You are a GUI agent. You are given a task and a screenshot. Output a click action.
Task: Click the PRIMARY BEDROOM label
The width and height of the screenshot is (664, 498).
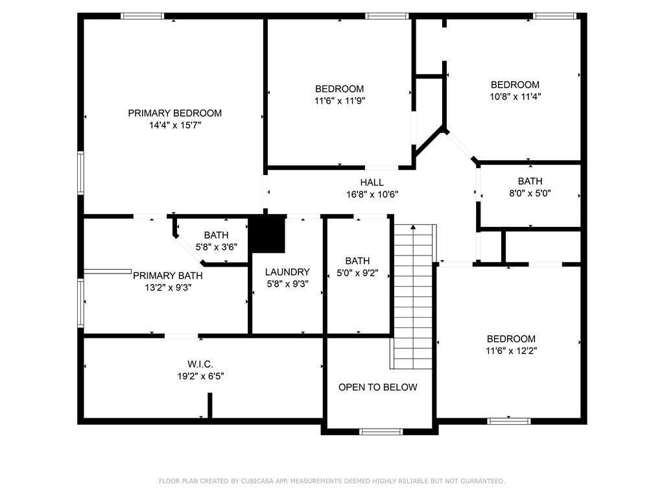(175, 113)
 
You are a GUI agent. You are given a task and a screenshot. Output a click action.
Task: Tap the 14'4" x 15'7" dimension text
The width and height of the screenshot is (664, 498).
(175, 125)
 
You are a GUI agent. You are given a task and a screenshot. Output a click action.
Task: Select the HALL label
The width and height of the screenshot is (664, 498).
(372, 182)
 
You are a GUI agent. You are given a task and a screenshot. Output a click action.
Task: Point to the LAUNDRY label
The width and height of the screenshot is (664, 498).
(287, 272)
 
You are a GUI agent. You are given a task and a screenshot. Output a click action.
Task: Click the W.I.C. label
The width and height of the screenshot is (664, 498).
(200, 364)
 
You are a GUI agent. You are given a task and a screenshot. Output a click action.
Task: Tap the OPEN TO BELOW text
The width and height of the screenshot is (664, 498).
(378, 387)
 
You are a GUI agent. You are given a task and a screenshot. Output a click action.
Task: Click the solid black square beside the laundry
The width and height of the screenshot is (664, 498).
(268, 233)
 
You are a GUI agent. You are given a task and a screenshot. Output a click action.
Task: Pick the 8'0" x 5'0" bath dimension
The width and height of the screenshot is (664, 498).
(530, 193)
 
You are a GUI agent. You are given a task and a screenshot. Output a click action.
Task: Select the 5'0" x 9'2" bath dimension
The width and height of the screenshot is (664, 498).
(357, 273)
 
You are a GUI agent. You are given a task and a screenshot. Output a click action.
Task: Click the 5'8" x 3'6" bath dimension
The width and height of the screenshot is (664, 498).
(217, 247)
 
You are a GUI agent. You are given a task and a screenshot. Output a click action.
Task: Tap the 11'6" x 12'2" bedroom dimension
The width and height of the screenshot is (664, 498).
(511, 351)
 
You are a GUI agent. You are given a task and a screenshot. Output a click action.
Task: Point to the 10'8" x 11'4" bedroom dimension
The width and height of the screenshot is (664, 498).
(516, 97)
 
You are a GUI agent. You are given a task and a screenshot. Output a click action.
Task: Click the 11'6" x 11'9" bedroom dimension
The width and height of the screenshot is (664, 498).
(340, 101)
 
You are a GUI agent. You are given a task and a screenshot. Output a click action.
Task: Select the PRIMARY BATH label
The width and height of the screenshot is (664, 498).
(168, 276)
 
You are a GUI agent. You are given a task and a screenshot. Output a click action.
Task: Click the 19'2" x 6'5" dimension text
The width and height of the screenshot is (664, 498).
(200, 376)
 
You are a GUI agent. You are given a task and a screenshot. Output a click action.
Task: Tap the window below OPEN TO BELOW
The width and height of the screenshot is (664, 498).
(381, 431)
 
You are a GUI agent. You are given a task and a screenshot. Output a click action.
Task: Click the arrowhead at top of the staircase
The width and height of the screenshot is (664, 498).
(413, 228)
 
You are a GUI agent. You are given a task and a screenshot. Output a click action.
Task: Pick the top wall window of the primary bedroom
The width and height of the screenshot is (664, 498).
(142, 16)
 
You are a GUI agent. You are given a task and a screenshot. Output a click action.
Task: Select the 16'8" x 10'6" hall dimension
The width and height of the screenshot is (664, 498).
(372, 195)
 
